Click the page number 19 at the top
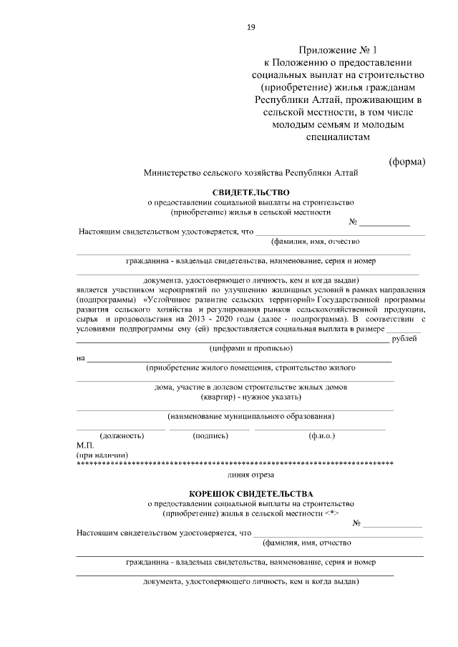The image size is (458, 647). click(x=251, y=27)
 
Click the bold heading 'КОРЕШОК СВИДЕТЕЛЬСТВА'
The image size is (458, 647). click(x=250, y=494)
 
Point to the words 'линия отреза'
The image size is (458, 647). click(x=250, y=474)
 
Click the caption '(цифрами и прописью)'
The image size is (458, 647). click(x=250, y=348)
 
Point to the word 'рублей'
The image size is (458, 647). click(x=409, y=338)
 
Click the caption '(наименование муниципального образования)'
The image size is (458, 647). click(x=251, y=416)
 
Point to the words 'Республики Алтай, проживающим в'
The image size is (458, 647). click(x=340, y=99)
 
